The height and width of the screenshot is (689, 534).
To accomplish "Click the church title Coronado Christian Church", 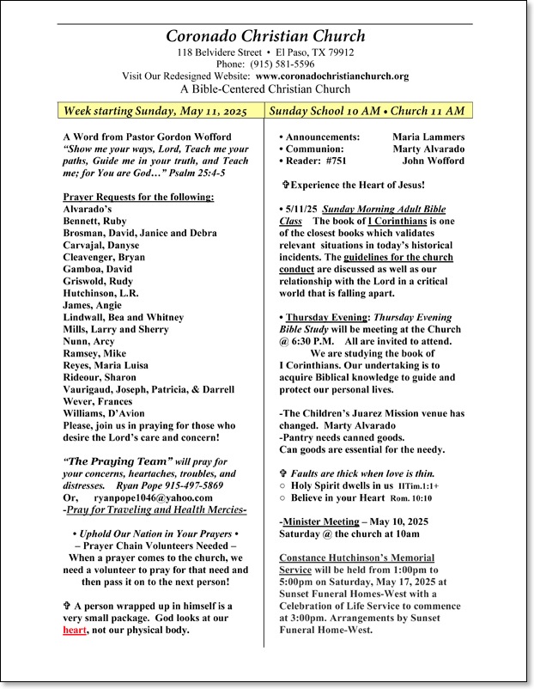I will (x=266, y=36).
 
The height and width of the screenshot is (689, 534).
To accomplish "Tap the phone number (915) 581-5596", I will (x=282, y=64).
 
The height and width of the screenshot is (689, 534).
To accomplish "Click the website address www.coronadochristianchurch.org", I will (x=332, y=76).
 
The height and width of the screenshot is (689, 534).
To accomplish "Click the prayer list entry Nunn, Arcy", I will (x=89, y=341).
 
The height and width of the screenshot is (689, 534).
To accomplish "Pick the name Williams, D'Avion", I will (x=104, y=413).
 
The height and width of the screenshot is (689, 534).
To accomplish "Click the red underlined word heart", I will (x=75, y=630).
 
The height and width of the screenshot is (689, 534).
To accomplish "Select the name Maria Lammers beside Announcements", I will (x=428, y=137).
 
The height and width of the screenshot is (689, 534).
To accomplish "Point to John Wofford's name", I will (x=434, y=161).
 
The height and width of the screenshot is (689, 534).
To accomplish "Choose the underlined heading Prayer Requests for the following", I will (x=138, y=197).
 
